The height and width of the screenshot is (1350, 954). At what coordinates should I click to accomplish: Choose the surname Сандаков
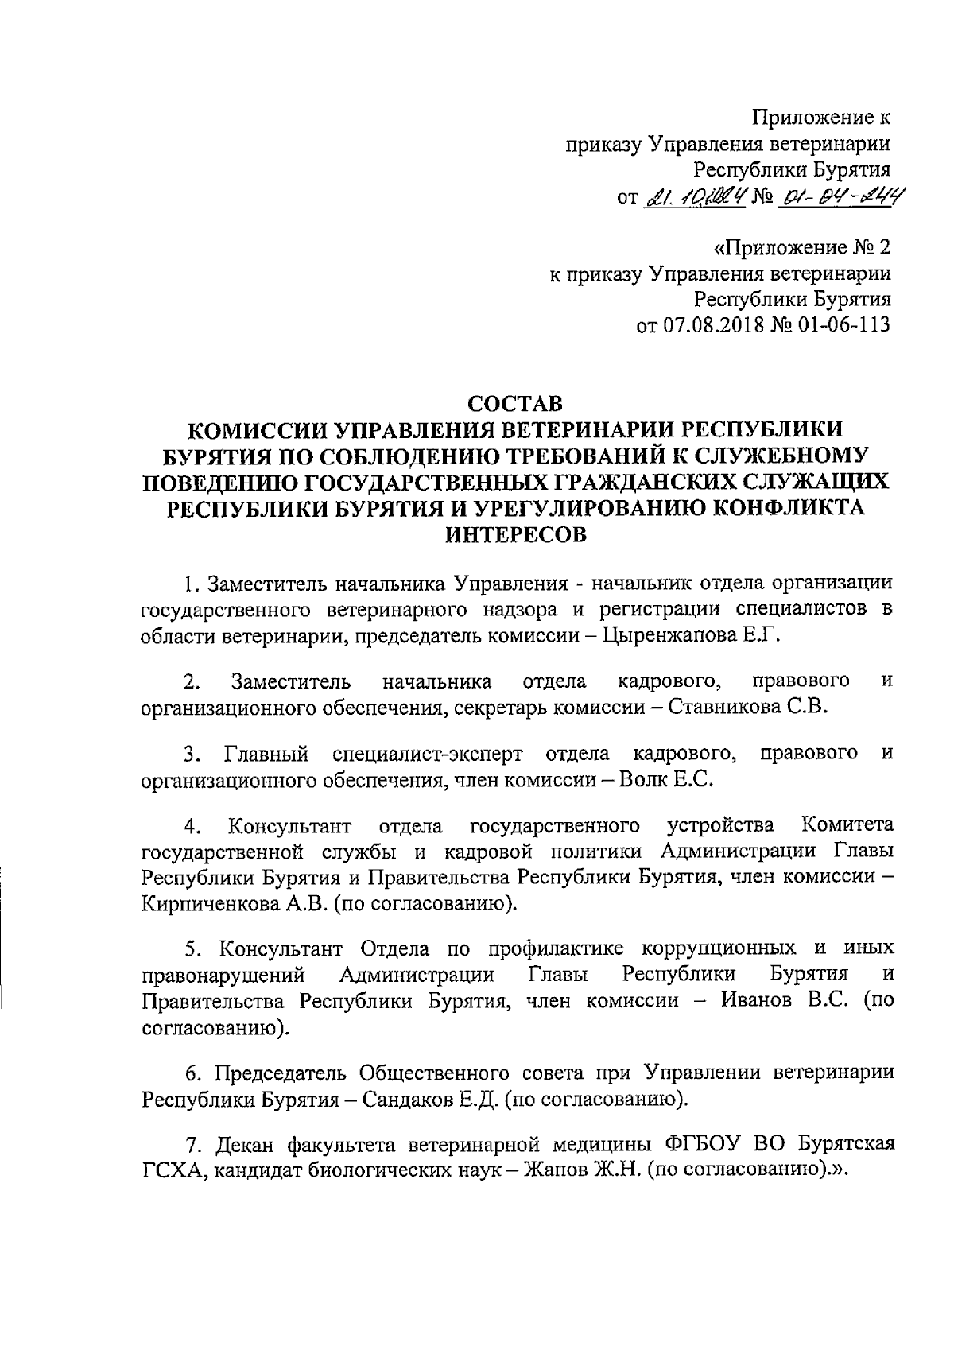coord(403,1101)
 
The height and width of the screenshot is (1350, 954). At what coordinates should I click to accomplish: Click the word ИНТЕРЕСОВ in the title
coord(514,535)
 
